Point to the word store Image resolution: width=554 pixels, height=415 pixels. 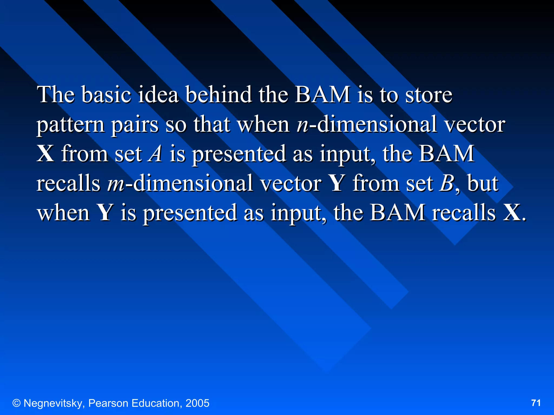[428, 95]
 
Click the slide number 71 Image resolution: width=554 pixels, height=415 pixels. [536, 403]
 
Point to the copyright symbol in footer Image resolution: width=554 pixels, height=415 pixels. [17, 403]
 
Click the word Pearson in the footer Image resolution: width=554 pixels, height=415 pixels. [108, 403]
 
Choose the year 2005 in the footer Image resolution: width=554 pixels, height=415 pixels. [197, 403]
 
